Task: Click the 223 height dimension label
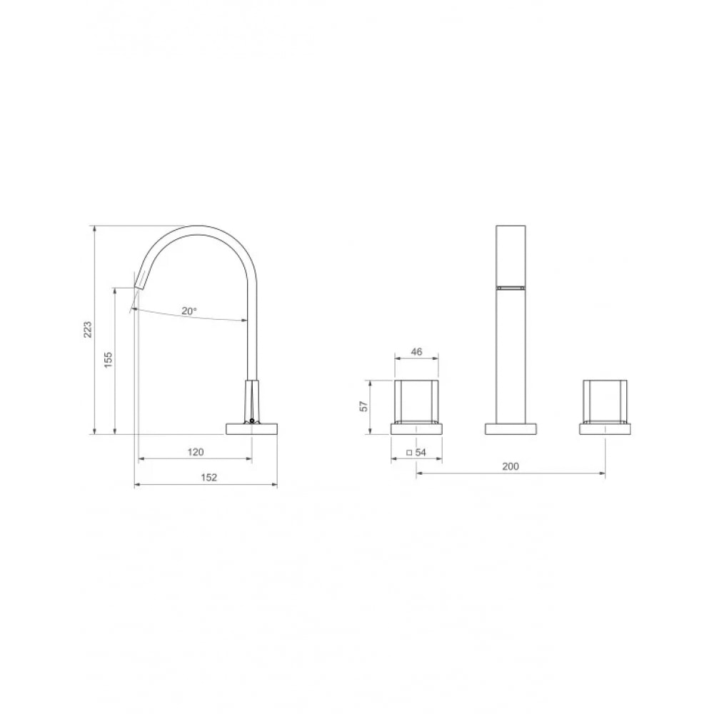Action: [88, 329]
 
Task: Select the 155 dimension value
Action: [108, 360]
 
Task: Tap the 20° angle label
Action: [189, 311]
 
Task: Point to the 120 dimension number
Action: [196, 452]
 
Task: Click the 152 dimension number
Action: [209, 477]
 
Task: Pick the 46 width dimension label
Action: [416, 351]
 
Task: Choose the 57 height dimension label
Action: [363, 406]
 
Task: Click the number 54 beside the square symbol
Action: [421, 452]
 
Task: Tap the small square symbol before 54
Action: [409, 453]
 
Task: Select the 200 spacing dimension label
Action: [511, 466]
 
